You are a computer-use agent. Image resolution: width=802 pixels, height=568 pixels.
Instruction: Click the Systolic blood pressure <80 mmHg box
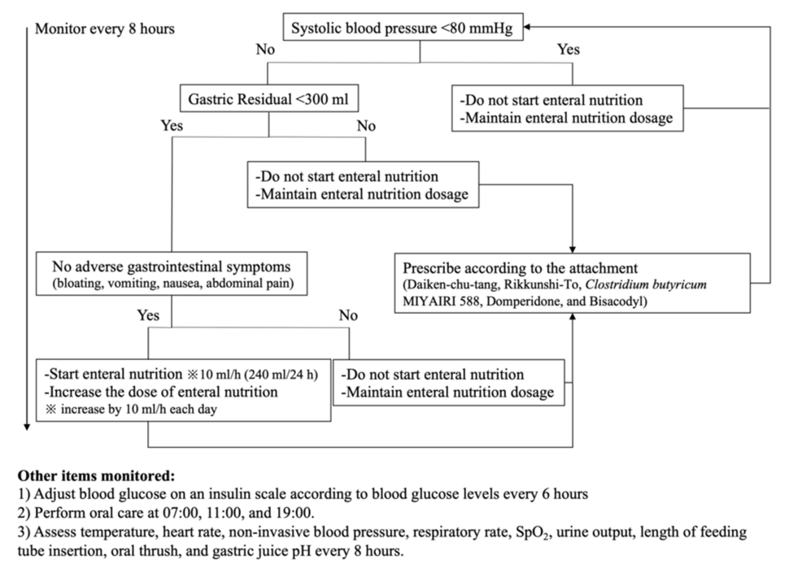pos(403,29)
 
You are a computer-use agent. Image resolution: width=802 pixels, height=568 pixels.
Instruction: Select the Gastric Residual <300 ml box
pos(268,99)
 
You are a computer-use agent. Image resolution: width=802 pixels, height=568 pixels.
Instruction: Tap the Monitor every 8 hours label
pos(104,29)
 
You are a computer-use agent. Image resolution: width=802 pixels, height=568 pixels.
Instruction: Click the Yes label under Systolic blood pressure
pos(569,50)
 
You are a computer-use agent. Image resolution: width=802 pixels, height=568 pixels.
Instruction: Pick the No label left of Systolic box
pos(265,50)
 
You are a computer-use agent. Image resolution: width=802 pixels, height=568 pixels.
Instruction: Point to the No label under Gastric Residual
pos(366,126)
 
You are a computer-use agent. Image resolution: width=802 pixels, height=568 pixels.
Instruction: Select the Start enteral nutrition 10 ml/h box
pos(183,391)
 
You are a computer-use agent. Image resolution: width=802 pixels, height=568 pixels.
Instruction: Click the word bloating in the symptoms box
pos(79,284)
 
